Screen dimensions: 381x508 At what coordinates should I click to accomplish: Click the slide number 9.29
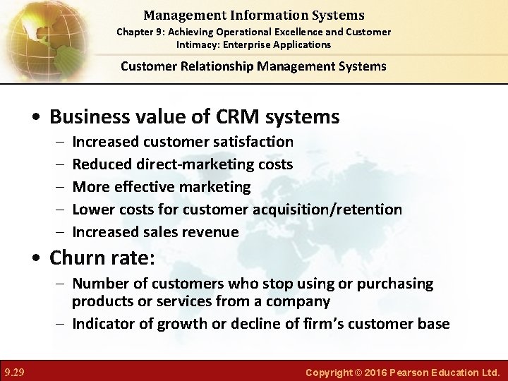(14, 372)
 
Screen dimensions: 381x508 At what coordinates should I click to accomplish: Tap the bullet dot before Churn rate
(40, 259)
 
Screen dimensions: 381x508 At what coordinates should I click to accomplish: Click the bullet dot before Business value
(40, 117)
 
